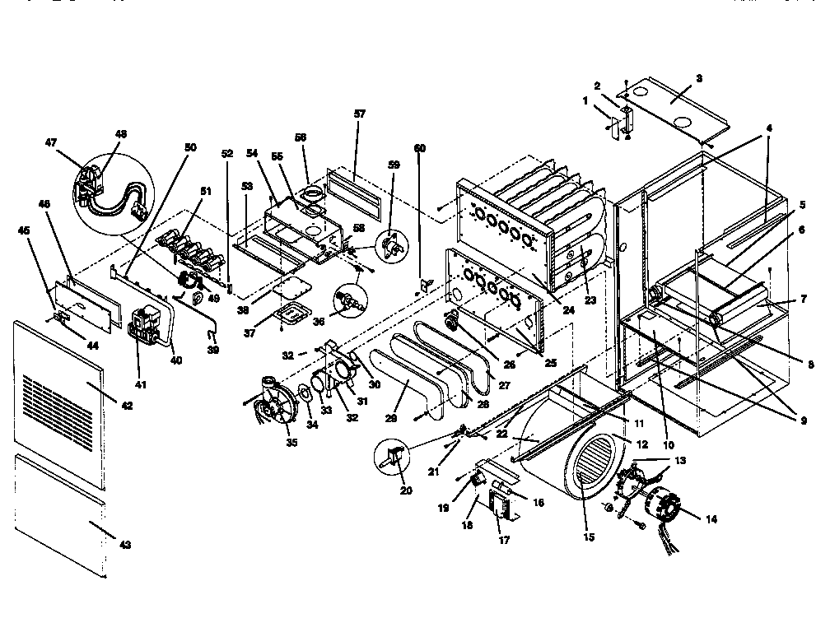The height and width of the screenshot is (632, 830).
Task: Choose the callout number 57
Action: coord(359,114)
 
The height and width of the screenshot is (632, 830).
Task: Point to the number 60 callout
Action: coord(421,148)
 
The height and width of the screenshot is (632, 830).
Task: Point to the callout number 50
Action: coord(191,147)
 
